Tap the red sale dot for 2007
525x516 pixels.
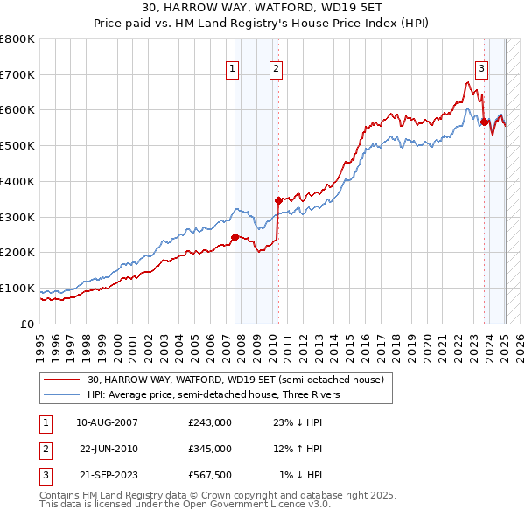pos(234,237)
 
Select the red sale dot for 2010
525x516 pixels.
pos(278,200)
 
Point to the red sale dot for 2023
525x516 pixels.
pos(484,122)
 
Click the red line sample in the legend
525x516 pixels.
pos(61,380)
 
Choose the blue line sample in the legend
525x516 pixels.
pos(61,394)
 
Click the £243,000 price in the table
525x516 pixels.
pos(209,422)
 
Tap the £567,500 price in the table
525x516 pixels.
pos(209,475)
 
